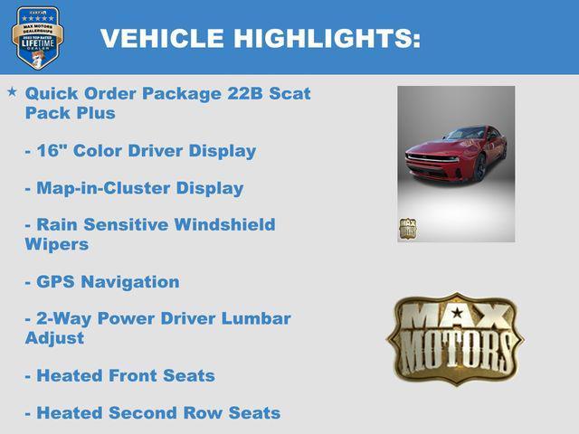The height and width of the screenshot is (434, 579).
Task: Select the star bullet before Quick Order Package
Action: (x=12, y=92)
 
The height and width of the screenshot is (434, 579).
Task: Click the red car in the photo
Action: (x=455, y=154)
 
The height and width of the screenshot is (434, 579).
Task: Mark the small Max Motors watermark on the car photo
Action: (x=407, y=228)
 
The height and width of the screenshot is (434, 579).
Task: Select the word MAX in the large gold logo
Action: (x=453, y=316)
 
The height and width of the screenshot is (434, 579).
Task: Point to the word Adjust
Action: (x=54, y=337)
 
